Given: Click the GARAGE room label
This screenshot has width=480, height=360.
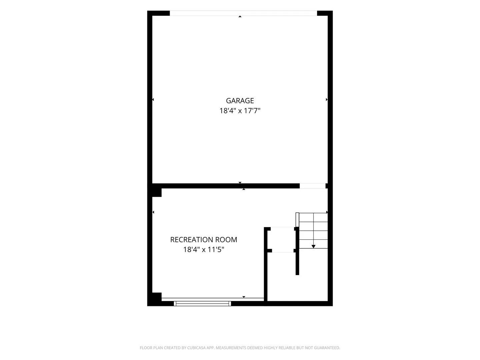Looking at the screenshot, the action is [x=240, y=101].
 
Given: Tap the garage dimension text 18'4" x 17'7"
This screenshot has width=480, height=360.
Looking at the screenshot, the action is [x=240, y=111].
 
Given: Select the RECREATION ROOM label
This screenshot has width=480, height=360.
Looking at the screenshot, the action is [x=203, y=240].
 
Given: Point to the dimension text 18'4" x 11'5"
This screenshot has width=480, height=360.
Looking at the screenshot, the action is [x=203, y=249].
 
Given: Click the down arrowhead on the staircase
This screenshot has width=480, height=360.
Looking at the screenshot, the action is [x=313, y=247].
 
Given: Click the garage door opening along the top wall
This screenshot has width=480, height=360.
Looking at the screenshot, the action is [x=243, y=13].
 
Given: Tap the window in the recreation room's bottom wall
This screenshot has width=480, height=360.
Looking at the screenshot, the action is [x=202, y=303].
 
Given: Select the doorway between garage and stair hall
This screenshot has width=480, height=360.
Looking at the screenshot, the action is [x=312, y=186].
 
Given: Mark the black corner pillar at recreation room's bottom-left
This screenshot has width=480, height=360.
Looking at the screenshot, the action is [x=157, y=297].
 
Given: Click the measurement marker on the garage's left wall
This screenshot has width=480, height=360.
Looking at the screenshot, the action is [x=153, y=99].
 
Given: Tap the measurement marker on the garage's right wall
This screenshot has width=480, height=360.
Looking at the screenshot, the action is [x=327, y=99].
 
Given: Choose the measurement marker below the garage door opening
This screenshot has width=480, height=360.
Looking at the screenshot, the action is [x=240, y=16].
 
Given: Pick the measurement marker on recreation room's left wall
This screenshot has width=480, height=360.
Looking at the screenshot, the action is [x=153, y=212].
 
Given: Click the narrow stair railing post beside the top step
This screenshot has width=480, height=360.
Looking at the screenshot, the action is [x=297, y=220].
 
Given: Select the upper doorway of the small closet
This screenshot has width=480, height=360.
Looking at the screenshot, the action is [x=282, y=229].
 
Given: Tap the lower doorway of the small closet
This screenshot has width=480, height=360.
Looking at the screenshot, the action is [x=283, y=251].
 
